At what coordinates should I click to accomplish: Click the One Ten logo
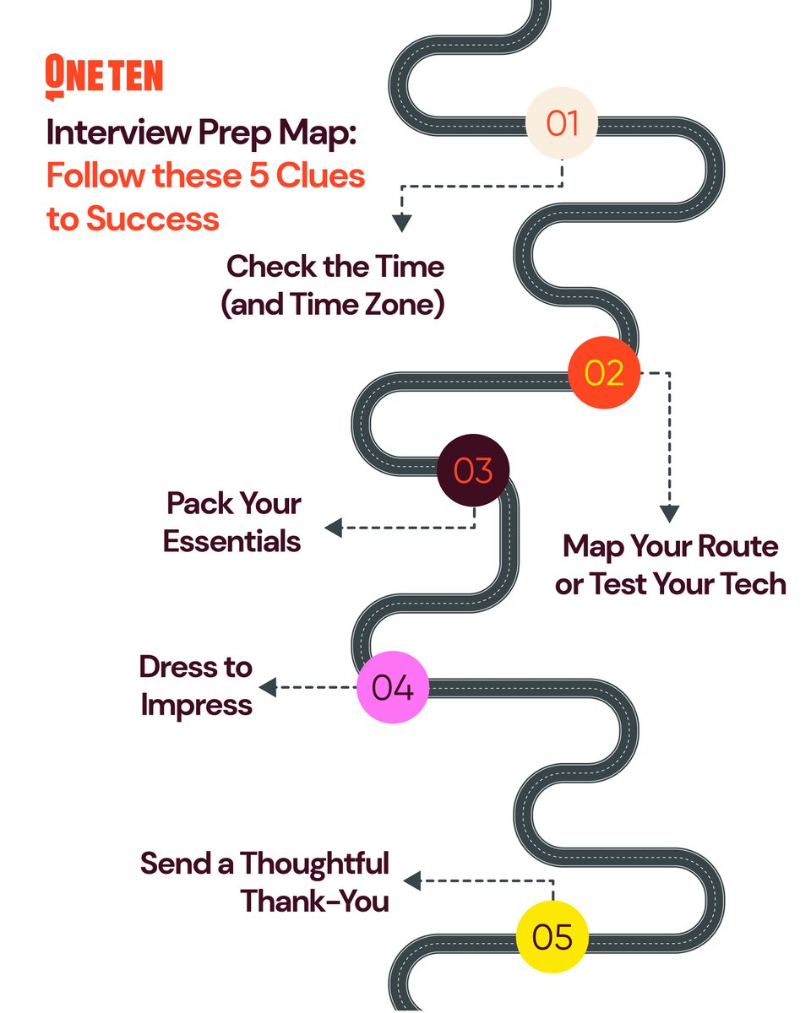tap(103, 77)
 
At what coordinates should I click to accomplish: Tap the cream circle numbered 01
tap(562, 123)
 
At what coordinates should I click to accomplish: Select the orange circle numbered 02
tap(604, 372)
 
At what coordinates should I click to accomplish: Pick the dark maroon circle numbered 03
tap(473, 471)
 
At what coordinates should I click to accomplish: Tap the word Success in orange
tap(152, 219)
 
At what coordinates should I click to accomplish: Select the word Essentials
tap(232, 540)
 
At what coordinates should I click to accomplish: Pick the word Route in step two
tap(736, 546)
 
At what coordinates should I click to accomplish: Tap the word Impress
tap(197, 704)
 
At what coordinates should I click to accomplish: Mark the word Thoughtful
tap(314, 864)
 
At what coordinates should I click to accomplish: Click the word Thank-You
tap(315, 901)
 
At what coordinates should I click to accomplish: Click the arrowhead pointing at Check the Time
tap(402, 223)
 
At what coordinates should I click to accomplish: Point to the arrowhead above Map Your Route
tap(669, 513)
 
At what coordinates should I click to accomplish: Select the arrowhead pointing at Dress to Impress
tap(268, 687)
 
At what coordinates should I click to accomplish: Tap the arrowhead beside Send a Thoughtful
tap(412, 882)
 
